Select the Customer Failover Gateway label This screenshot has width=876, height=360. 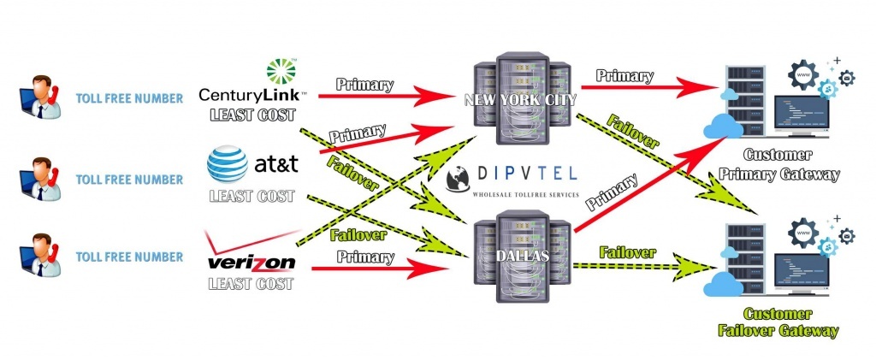point(790,322)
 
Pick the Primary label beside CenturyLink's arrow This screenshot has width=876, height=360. point(364,85)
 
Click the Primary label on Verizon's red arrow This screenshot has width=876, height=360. point(364,257)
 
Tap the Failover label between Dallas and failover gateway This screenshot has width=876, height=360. point(627,252)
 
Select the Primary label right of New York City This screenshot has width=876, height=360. point(625,75)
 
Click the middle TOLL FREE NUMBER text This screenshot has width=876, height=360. point(129,180)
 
